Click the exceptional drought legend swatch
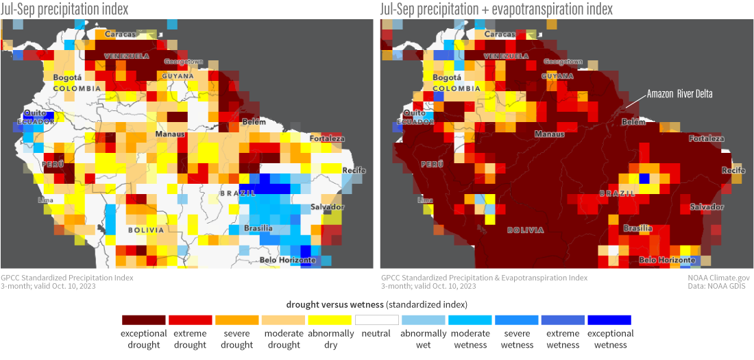tap(143, 320)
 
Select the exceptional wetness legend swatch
tap(609, 320)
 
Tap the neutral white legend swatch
tap(376, 320)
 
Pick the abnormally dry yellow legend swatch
tap(330, 320)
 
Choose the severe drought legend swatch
tap(236, 320)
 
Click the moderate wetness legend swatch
tap(470, 320)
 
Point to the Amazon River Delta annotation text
tap(680, 94)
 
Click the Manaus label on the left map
tap(169, 134)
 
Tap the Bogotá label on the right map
tap(447, 77)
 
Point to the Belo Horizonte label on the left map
tap(288, 260)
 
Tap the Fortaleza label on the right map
tap(707, 139)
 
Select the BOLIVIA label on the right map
tap(526, 230)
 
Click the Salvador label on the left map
tap(327, 207)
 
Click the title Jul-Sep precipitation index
tap(64, 9)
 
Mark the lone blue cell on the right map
tap(644, 178)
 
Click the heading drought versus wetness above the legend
tap(376, 303)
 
